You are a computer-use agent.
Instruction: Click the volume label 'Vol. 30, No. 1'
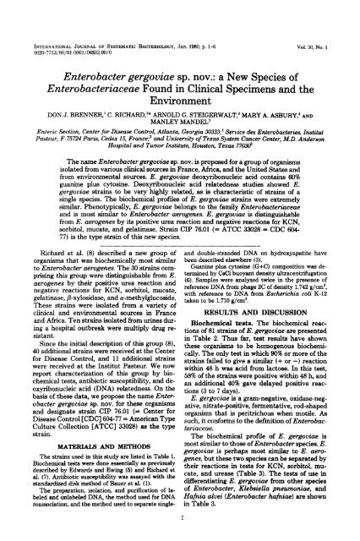[x=327, y=9]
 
